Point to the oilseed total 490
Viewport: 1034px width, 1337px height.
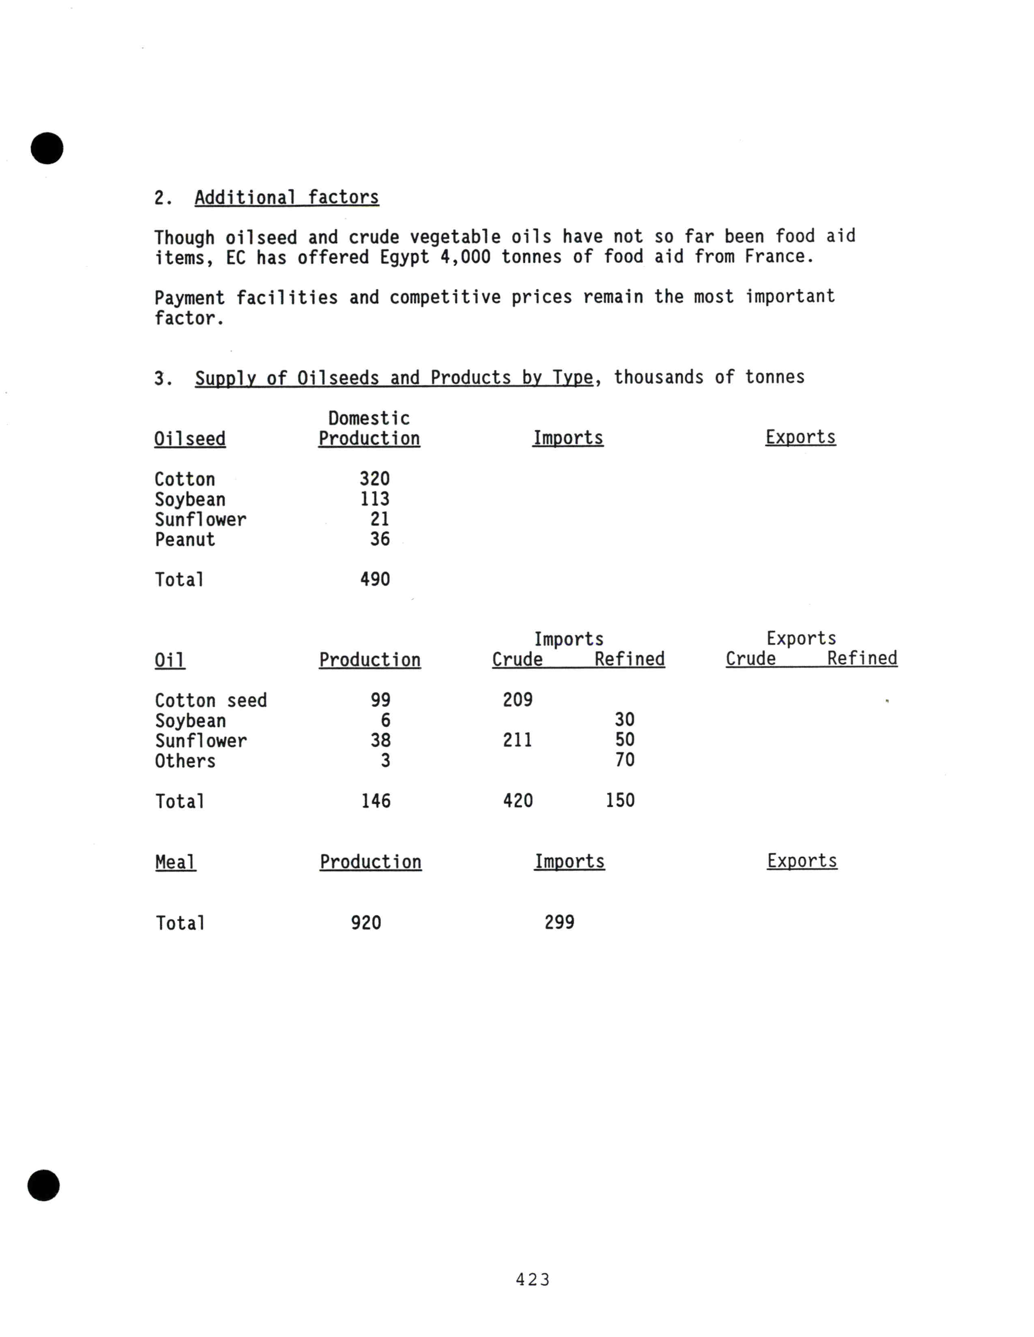click(x=375, y=579)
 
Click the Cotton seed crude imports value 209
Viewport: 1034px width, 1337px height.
click(x=517, y=700)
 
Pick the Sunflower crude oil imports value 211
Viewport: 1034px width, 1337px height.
click(x=517, y=740)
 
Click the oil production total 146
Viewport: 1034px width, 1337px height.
click(x=375, y=801)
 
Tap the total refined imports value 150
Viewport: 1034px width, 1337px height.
click(x=619, y=800)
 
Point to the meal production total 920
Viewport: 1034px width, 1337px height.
click(x=365, y=923)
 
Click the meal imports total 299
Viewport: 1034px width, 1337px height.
click(x=559, y=922)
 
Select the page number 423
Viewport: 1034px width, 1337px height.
click(x=533, y=1279)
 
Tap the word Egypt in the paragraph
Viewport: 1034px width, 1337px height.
click(x=404, y=257)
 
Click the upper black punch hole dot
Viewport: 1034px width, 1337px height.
click(x=47, y=148)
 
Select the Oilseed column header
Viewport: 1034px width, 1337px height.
click(x=190, y=439)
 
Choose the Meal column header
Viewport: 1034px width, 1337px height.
click(x=175, y=862)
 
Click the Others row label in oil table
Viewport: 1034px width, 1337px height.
click(x=185, y=761)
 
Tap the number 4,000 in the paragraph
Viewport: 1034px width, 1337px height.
click(x=465, y=257)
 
